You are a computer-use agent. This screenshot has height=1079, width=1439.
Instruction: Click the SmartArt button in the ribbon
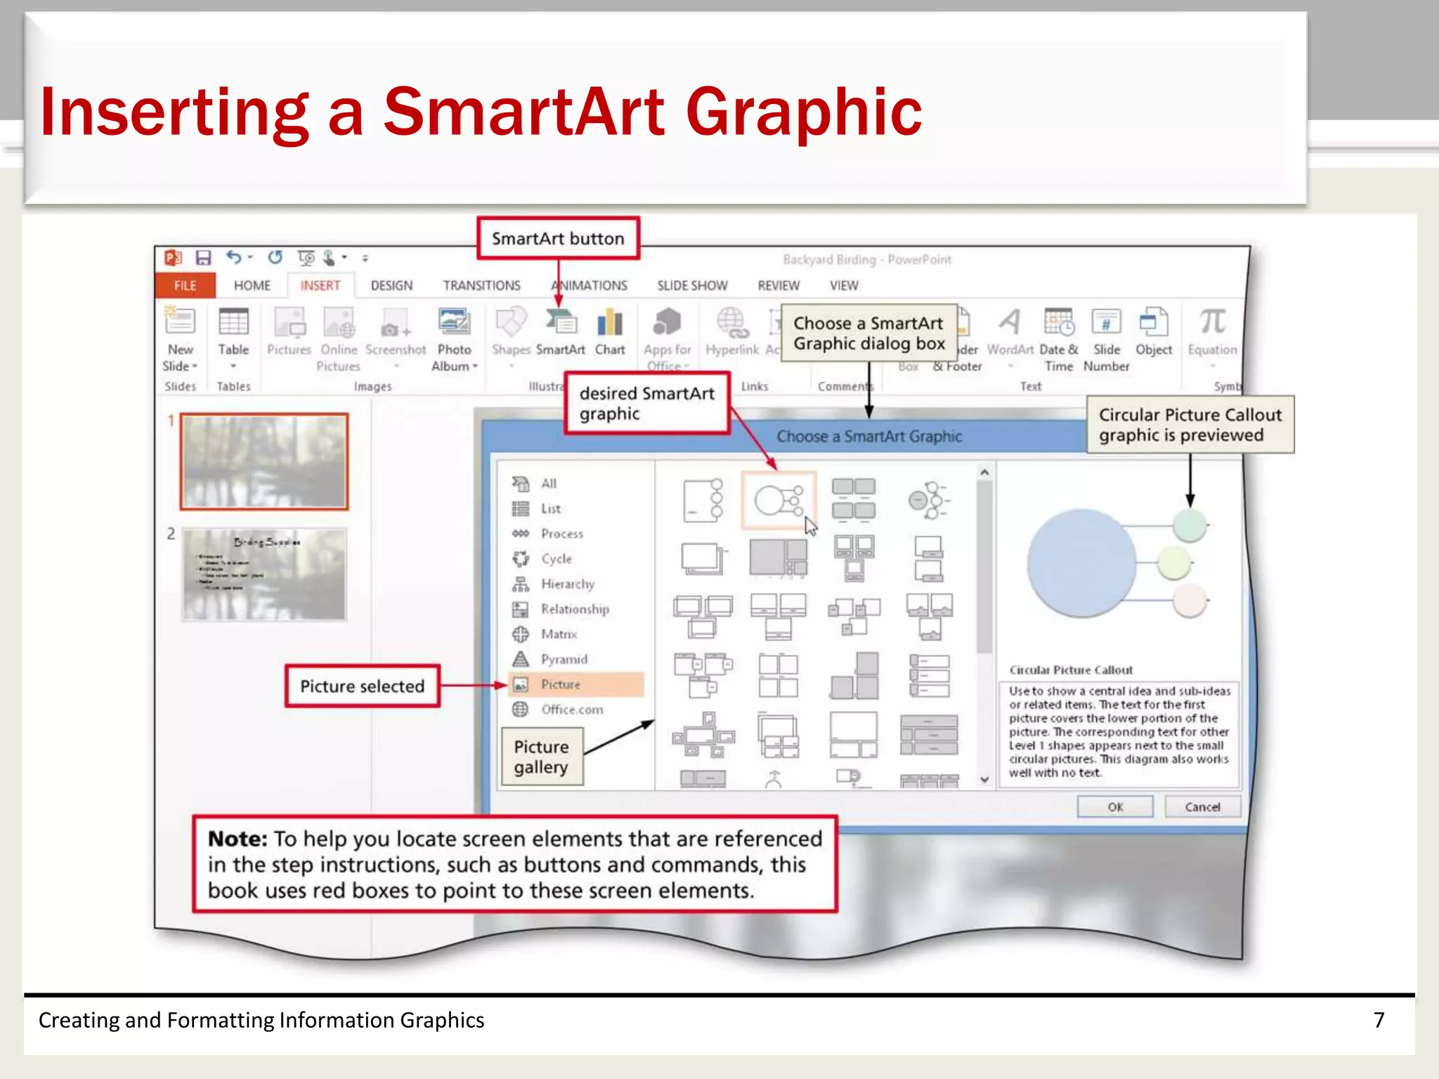pos(561,334)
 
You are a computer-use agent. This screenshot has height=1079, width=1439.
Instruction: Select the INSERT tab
pos(320,285)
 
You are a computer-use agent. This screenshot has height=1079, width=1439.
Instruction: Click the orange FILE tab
pos(185,285)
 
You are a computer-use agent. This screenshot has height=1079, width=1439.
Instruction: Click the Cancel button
pos(1202,807)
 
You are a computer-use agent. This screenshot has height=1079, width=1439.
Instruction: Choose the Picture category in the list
pos(561,684)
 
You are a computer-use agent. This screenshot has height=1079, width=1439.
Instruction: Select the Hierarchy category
pos(567,584)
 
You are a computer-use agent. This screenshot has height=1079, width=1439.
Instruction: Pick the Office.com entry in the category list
pos(572,709)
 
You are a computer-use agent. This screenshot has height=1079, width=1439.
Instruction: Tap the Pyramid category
pos(564,659)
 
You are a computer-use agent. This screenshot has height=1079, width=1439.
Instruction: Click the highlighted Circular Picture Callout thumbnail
pos(779,500)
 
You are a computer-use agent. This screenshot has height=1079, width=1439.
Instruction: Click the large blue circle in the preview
pos(1081,563)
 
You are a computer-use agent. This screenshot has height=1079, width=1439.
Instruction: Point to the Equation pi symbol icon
pos(1212,322)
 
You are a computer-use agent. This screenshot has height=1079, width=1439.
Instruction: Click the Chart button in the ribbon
pos(610,334)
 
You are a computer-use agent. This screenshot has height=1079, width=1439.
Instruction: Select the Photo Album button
pos(454,337)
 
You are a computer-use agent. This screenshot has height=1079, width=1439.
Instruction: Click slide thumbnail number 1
pos(264,461)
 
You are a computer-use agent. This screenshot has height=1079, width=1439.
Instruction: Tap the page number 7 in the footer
pos(1379,1020)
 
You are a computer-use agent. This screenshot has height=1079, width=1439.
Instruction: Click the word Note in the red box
pos(237,839)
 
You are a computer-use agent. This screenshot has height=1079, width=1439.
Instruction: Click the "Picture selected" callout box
pos(363,686)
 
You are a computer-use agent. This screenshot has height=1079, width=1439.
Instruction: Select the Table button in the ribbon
pos(233,334)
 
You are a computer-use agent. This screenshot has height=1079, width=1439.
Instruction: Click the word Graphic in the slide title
pos(803,112)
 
